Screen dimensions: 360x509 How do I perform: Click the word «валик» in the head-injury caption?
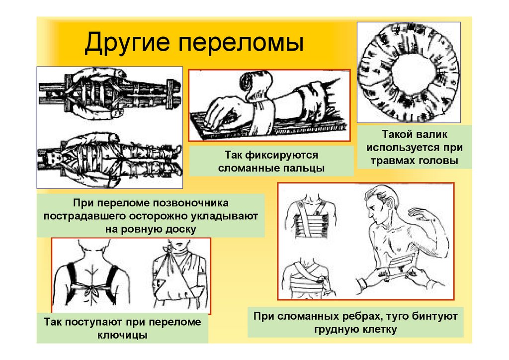(x=428, y=135)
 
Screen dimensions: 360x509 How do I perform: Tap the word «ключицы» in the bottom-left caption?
(x=122, y=335)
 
